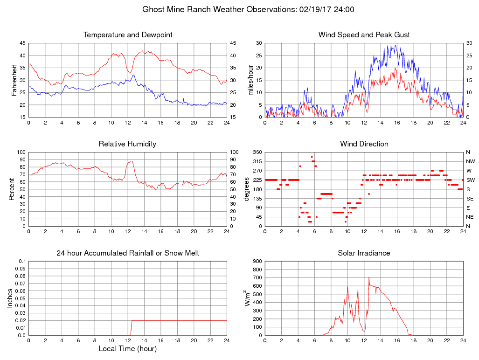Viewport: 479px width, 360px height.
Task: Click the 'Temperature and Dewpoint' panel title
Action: [128, 35]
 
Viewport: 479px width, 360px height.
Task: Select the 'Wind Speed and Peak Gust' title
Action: [364, 35]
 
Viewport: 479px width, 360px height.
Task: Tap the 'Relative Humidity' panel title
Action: [127, 144]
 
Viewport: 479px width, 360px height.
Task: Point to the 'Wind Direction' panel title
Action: [364, 144]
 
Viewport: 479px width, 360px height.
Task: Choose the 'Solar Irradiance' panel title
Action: [364, 253]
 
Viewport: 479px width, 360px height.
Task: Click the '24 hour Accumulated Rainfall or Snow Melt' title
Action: [128, 253]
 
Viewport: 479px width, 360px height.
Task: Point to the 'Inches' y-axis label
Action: [10, 298]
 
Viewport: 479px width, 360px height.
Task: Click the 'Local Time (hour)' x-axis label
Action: [127, 348]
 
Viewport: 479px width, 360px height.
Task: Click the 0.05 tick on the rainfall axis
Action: [21, 298]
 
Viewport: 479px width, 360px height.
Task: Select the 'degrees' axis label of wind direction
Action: [246, 189]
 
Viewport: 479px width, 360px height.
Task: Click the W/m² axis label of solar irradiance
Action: [248, 298]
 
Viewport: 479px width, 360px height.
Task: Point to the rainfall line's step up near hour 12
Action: [132, 327]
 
